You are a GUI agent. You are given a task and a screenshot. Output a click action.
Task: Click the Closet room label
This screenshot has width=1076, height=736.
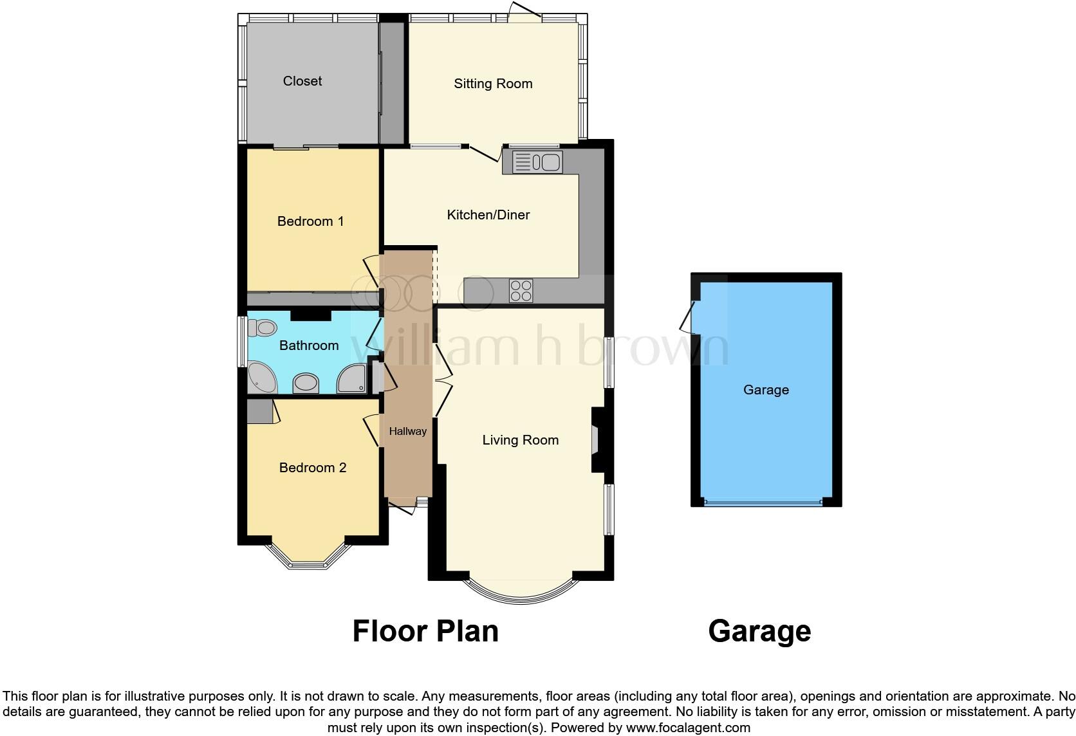click(x=302, y=81)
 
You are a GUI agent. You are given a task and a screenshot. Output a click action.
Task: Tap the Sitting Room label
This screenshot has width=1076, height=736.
click(x=493, y=84)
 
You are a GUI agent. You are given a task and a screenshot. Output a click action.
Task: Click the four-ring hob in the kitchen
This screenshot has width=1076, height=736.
click(x=521, y=291)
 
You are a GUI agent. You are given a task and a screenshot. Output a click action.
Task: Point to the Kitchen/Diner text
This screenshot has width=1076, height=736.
click(x=488, y=215)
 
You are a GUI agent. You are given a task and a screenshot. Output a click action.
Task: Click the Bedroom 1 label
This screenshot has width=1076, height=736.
click(x=310, y=221)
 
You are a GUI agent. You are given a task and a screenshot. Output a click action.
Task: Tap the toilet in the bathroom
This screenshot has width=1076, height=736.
click(x=261, y=328)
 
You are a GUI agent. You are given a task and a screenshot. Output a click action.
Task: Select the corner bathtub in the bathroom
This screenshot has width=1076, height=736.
click(x=261, y=378)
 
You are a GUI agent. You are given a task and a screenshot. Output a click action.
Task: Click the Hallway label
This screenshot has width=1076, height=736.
click(x=407, y=432)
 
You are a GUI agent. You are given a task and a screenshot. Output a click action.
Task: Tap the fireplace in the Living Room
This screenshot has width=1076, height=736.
click(x=596, y=440)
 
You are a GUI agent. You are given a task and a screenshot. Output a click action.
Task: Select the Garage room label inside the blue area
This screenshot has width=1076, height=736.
click(x=766, y=390)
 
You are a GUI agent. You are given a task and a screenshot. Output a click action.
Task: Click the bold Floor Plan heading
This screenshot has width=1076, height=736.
click(x=425, y=631)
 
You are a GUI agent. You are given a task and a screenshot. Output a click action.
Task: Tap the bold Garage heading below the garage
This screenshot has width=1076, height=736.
click(x=759, y=631)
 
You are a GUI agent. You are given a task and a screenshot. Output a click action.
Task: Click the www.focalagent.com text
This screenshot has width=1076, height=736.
click(x=688, y=728)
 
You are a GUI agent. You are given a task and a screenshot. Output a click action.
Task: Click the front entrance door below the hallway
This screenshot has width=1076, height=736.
click(x=403, y=508)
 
